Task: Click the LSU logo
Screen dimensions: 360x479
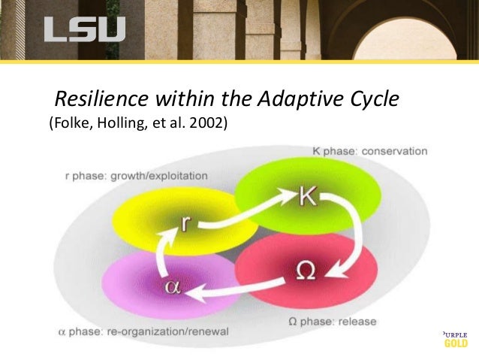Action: pyautogui.click(x=84, y=29)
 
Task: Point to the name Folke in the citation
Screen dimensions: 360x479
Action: pyautogui.click(x=69, y=124)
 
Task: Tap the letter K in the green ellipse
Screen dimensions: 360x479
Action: pyautogui.click(x=308, y=197)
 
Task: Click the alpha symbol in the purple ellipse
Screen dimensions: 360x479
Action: pyautogui.click(x=172, y=287)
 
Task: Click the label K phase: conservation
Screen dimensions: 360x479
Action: pyautogui.click(x=369, y=151)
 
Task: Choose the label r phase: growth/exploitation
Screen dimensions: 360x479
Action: pyautogui.click(x=135, y=176)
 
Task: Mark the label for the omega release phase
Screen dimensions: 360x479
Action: pyautogui.click(x=333, y=322)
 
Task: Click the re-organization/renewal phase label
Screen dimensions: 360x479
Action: pyautogui.click(x=142, y=331)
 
